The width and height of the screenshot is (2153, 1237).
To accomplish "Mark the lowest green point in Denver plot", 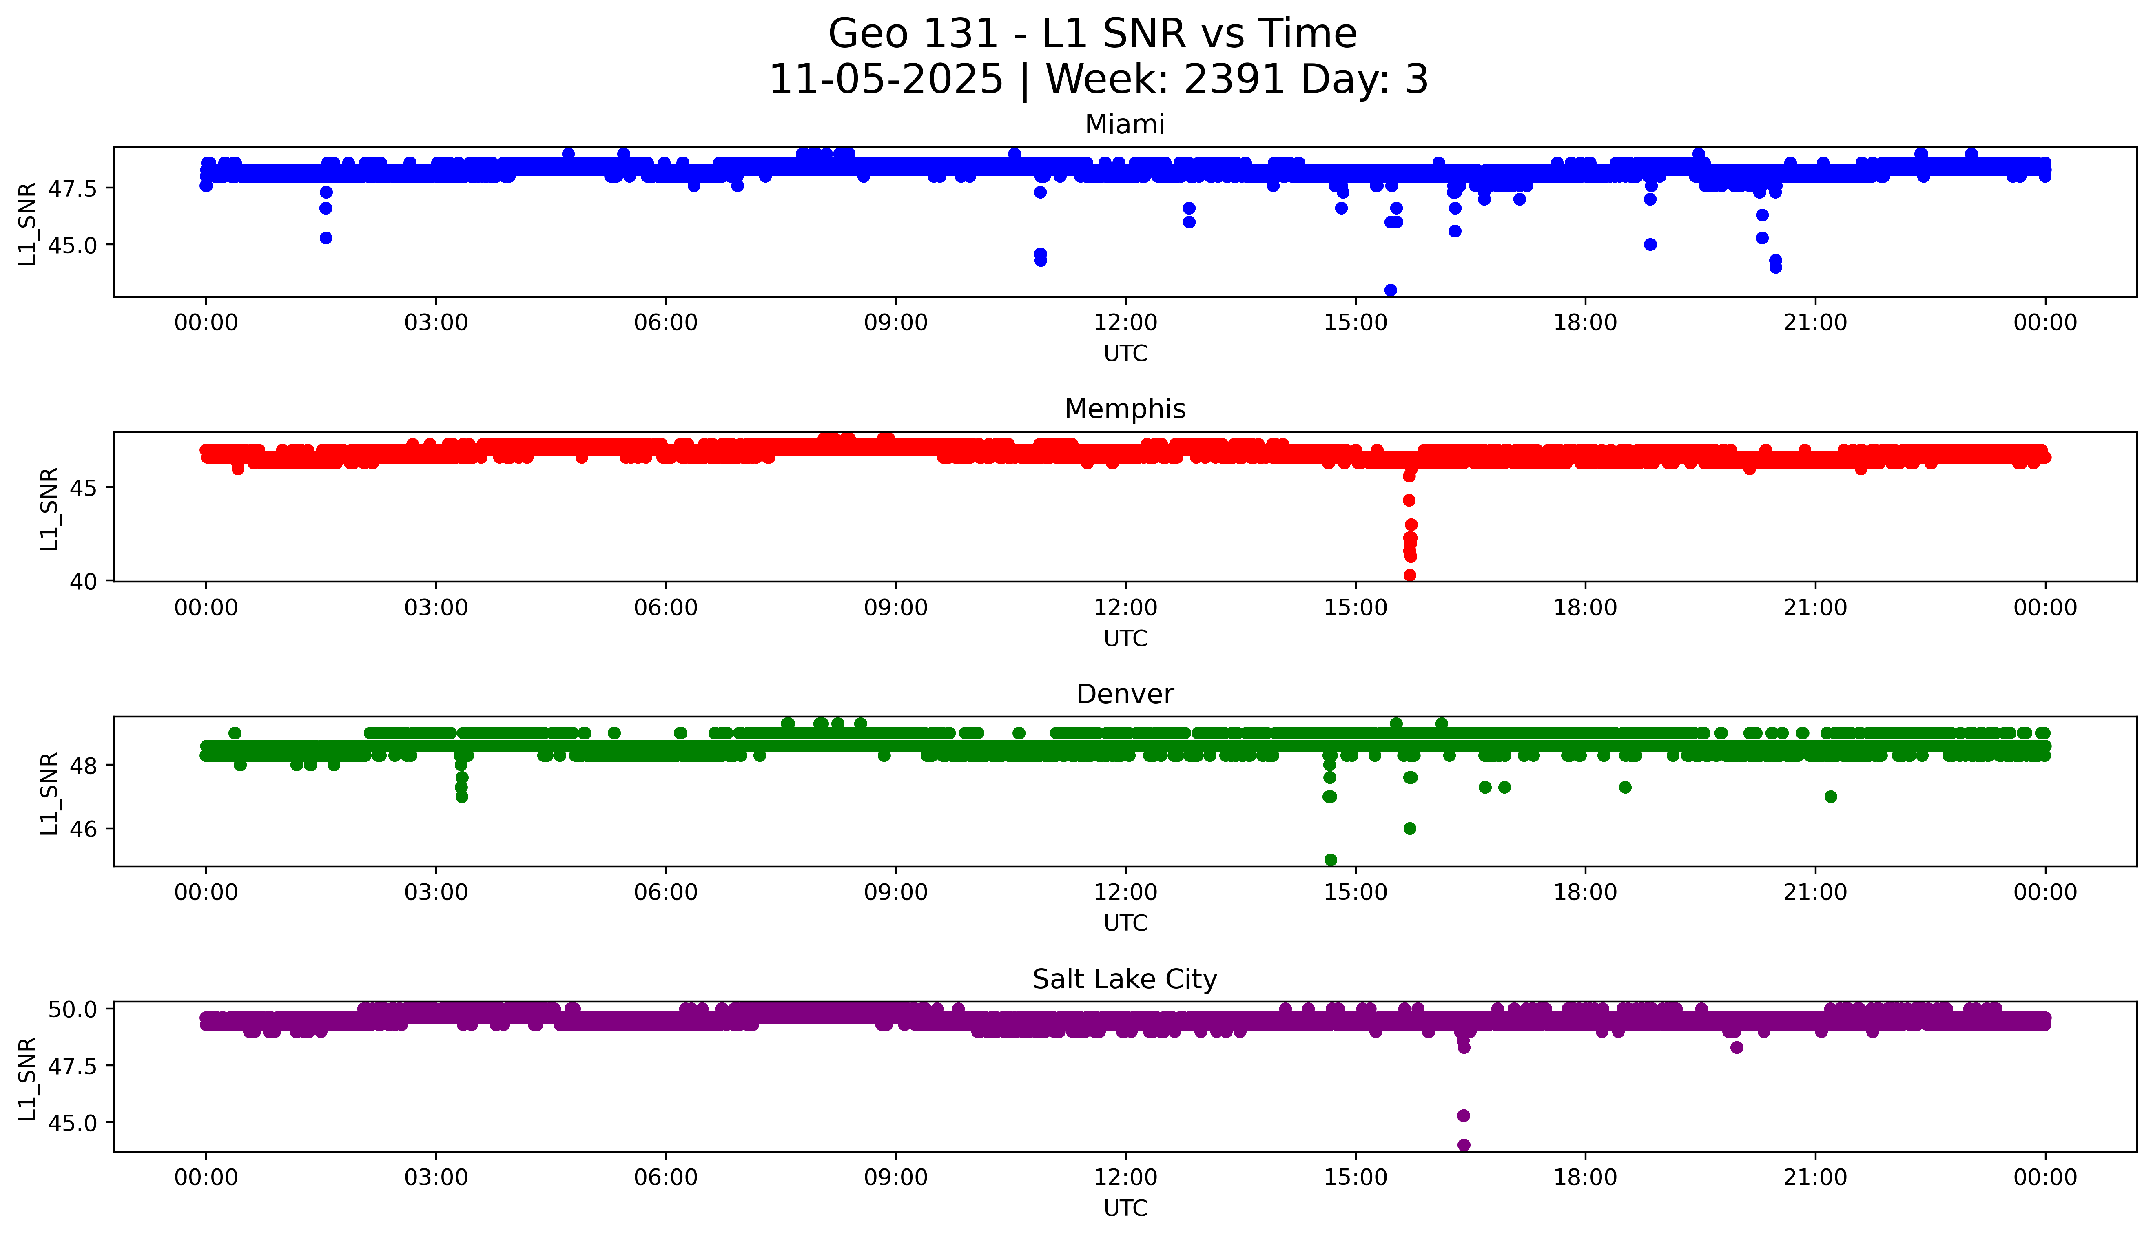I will click(x=1331, y=860).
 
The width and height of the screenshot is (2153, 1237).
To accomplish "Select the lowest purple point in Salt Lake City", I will click(x=1463, y=1145).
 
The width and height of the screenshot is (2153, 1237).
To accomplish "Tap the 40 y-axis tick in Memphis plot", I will click(x=90, y=581).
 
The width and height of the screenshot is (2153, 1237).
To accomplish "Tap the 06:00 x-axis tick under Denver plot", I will click(x=665, y=893).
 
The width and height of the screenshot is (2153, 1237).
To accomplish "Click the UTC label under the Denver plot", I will click(x=1125, y=923).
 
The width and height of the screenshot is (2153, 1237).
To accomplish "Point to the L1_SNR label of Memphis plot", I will click(x=49, y=508).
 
